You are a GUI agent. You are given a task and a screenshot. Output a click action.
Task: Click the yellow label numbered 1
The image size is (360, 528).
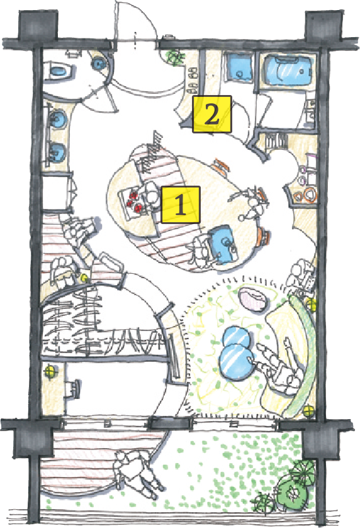(181, 205)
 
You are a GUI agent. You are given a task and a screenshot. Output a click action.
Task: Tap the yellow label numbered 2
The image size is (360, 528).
(212, 114)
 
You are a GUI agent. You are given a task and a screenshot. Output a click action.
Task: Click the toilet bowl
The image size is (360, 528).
(59, 70)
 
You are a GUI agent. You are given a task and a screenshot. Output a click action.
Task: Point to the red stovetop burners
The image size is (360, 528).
(133, 202)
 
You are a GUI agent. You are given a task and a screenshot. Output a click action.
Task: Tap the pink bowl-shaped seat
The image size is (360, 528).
(254, 299)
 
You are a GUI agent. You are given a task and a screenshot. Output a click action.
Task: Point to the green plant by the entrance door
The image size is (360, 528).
(176, 57)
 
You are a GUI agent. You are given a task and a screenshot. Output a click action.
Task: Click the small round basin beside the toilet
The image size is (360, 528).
(99, 63)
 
